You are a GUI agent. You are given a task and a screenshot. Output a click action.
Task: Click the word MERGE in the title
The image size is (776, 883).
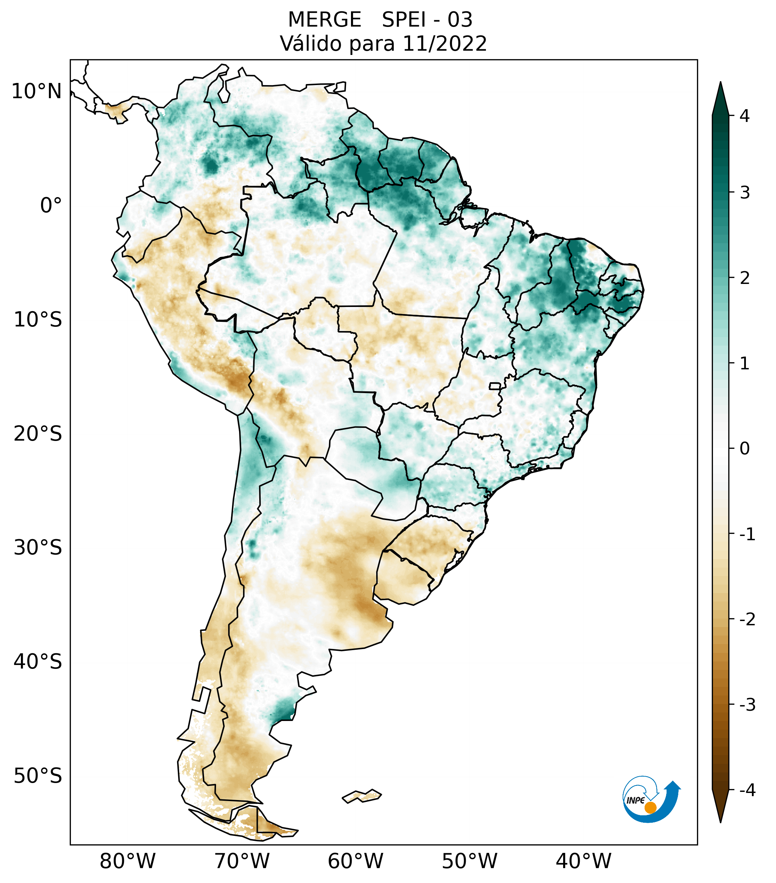click(x=324, y=20)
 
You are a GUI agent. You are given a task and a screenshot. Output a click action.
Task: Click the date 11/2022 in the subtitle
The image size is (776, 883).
click(x=444, y=44)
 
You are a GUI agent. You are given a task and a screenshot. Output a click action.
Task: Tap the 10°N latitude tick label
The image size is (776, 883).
click(x=37, y=91)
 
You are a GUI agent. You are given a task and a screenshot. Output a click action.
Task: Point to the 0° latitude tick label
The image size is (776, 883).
click(x=51, y=205)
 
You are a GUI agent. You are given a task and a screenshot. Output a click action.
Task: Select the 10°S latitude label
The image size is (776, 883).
click(x=38, y=320)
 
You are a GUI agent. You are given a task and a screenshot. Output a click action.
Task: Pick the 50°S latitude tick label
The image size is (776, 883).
click(x=38, y=776)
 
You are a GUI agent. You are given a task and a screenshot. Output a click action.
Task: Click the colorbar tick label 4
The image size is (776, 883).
click(x=744, y=116)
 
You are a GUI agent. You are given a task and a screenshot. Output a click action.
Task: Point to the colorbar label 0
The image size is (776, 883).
click(x=744, y=449)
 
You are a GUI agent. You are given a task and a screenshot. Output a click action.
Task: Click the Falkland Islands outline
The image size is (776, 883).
click(x=362, y=796)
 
